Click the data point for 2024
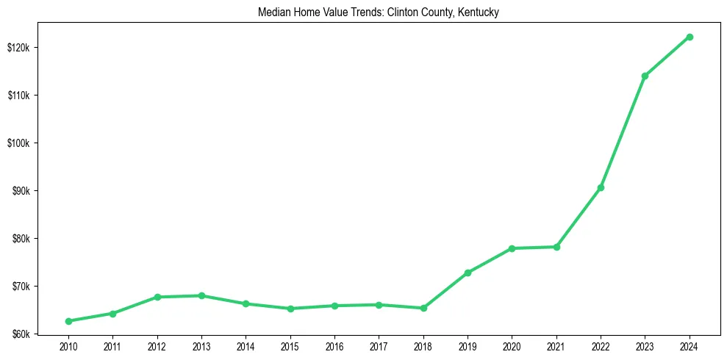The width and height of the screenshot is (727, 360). click(690, 37)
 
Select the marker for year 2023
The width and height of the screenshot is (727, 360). click(645, 76)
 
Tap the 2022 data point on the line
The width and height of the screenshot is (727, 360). click(601, 187)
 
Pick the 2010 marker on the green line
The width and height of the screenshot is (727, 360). click(68, 321)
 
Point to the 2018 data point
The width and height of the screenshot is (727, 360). click(423, 308)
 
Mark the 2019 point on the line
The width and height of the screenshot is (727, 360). click(468, 273)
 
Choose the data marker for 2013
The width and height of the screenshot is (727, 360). click(201, 295)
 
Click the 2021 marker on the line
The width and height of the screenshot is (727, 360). click(556, 247)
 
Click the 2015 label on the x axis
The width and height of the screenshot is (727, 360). click(290, 346)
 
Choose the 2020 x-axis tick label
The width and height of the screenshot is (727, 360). click(512, 346)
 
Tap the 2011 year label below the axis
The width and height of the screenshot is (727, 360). click(112, 346)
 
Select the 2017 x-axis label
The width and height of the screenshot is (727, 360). click(379, 346)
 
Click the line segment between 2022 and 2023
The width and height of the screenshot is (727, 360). click(623, 132)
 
